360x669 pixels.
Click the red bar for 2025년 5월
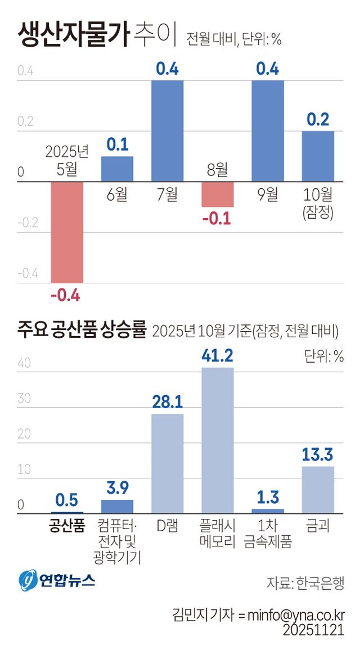click(67, 232)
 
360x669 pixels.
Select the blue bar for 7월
click(168, 131)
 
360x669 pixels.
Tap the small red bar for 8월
click(218, 195)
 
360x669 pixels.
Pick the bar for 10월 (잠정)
click(318, 156)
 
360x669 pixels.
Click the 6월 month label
click(117, 195)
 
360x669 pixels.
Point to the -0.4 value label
click(66, 295)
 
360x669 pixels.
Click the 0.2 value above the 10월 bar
click(318, 120)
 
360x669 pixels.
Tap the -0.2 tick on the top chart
click(28, 224)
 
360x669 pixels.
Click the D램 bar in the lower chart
click(168, 463)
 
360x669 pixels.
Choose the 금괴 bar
click(318, 489)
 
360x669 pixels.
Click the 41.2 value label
click(217, 355)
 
